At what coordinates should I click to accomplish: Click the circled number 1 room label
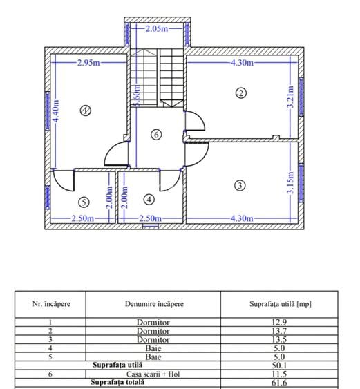(x=86, y=111)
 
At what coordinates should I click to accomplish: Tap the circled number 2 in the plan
(x=240, y=93)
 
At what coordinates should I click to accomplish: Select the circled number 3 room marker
(x=240, y=185)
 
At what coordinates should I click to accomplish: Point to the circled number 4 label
(x=149, y=200)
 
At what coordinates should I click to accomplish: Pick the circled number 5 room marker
(x=84, y=202)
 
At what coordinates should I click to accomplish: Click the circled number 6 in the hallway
(x=156, y=135)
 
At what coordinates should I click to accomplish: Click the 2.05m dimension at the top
(x=157, y=29)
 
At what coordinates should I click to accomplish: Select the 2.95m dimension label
(x=88, y=62)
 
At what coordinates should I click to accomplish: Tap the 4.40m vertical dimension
(x=56, y=111)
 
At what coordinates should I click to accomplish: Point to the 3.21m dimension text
(x=290, y=97)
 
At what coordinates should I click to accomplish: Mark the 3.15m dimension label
(x=290, y=182)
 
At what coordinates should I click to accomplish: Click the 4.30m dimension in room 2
(x=243, y=62)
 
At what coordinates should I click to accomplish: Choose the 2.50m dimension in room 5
(x=83, y=218)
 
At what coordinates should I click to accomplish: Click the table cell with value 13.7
(x=279, y=331)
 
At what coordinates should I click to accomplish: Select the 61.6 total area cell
(x=279, y=383)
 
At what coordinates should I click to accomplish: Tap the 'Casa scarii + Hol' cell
(x=153, y=374)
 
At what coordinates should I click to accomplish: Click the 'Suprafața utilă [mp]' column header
(x=280, y=304)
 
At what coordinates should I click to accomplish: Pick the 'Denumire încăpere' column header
(x=154, y=304)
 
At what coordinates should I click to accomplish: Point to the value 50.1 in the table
(x=279, y=366)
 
